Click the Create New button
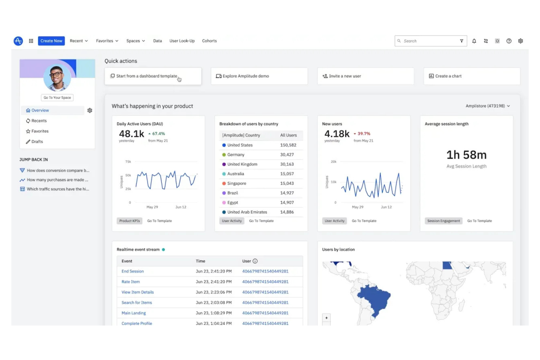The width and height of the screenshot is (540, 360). (51, 41)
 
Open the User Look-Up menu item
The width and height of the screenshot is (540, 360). (182, 41)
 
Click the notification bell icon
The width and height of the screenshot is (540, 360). (474, 41)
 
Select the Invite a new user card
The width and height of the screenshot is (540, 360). (365, 76)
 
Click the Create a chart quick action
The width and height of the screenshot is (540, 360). (471, 76)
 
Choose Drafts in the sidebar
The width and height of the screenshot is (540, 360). (37, 142)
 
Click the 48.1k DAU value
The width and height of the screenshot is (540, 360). (131, 134)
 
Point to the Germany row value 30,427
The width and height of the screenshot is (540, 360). (287, 155)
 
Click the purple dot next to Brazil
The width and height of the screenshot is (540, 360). (224, 193)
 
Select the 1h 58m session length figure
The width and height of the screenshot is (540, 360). (466, 155)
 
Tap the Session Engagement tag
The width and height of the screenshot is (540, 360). (443, 221)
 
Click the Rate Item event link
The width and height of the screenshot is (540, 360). (131, 282)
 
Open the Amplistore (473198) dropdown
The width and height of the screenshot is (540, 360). (487, 106)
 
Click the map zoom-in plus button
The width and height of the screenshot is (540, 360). (326, 318)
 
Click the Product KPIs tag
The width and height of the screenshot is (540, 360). (130, 221)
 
